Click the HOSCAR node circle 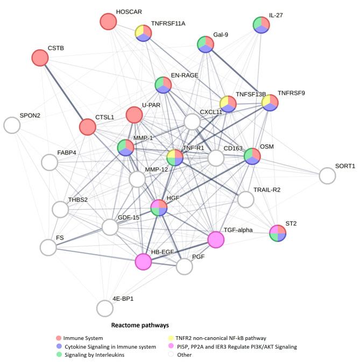pyautogui.click(x=109, y=22)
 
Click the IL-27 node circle pyautogui.click(x=262, y=25)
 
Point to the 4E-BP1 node pyautogui.click(x=105, y=308)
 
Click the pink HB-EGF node pyautogui.click(x=143, y=261)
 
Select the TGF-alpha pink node pyautogui.click(x=216, y=239)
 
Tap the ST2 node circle pyautogui.click(x=278, y=233)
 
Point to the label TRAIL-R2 pyautogui.click(x=267, y=190)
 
